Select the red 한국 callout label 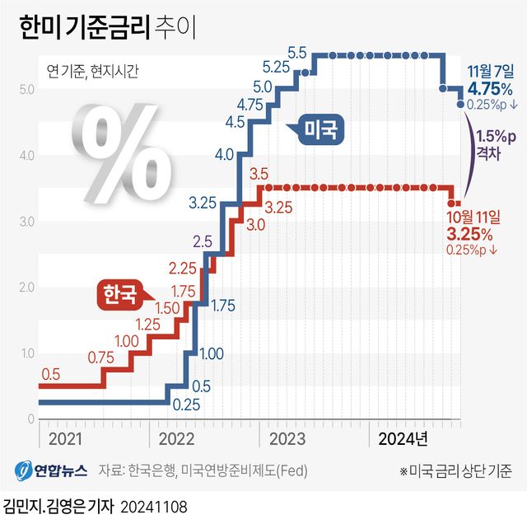coord(118,294)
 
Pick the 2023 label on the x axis coord(287,437)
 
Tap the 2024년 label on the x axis coord(403,437)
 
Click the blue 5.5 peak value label coord(297,52)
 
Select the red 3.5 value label coord(259,173)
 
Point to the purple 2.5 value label coord(203,241)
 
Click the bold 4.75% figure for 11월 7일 coord(490,88)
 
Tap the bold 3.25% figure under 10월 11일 coord(470,234)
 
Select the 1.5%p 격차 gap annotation coord(496,145)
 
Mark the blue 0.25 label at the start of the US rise coord(187,405)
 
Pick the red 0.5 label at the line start coord(51,374)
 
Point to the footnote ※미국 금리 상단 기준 coord(455,471)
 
